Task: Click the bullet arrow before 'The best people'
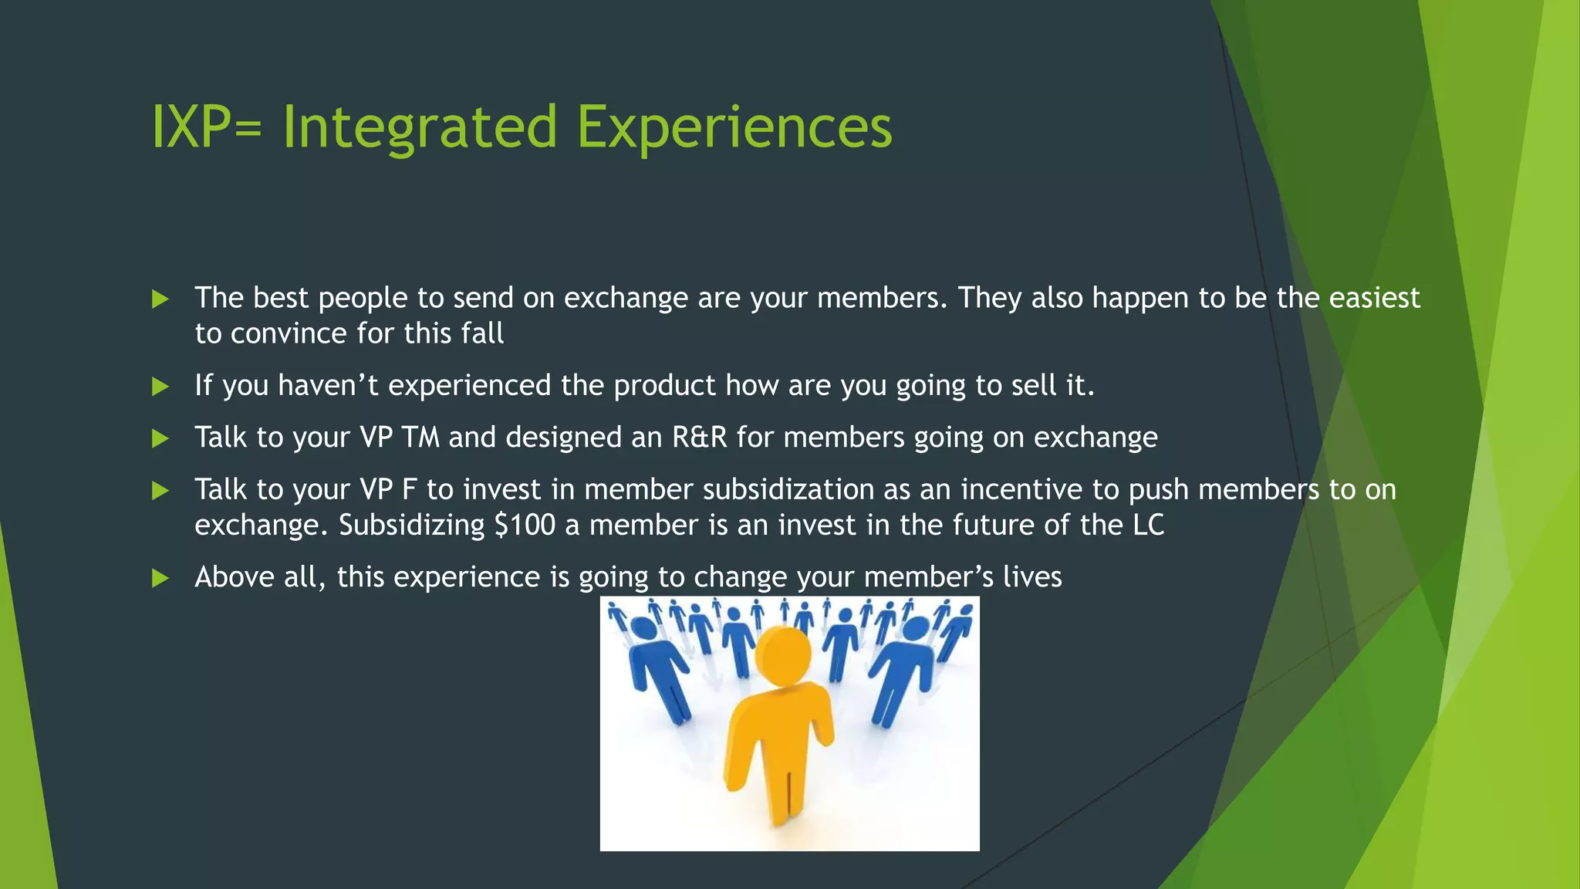(160, 299)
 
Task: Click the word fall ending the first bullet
(482, 333)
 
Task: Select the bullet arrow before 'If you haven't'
(160, 387)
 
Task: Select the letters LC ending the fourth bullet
(1148, 526)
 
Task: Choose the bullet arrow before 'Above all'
(160, 578)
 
